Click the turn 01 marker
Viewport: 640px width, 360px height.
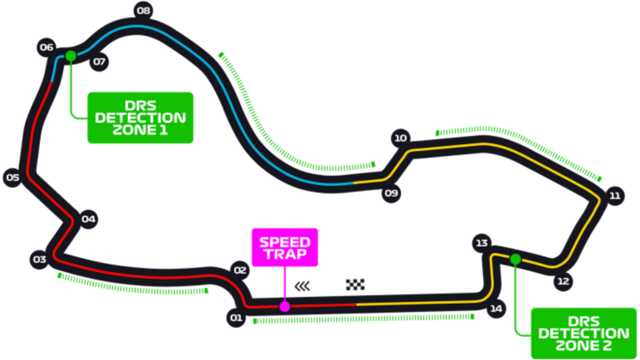click(236, 318)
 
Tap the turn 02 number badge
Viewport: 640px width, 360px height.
click(240, 270)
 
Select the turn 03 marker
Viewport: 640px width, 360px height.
click(39, 259)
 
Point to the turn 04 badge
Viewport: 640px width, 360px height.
click(88, 219)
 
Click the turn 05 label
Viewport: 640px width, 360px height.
click(12, 177)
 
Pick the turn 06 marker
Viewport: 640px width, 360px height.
click(46, 48)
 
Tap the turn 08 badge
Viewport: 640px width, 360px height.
click(143, 9)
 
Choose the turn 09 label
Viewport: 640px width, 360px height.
click(391, 193)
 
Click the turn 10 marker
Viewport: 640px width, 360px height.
click(400, 138)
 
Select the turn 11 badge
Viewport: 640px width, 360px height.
click(614, 196)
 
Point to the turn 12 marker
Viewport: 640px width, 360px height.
click(562, 281)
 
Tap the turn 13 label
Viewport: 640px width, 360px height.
click(482, 244)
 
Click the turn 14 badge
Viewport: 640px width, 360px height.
click(496, 309)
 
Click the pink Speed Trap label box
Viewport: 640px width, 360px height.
click(285, 247)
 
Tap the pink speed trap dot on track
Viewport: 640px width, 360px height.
click(285, 306)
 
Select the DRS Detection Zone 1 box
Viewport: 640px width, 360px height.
click(140, 117)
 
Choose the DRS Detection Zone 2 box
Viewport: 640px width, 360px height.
click(584, 333)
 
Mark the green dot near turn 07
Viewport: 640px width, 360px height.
click(71, 56)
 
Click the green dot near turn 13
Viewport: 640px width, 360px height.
click(515, 258)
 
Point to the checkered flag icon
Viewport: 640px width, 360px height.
click(355, 285)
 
